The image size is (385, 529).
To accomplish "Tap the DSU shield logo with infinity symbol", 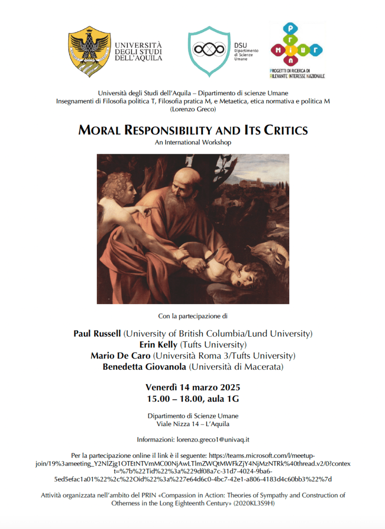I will coord(209,50).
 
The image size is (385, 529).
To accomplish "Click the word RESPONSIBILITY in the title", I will coord(188,130).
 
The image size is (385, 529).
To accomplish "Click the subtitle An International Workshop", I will coord(192,142).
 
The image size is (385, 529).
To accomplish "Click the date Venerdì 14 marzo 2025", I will coord(192,387).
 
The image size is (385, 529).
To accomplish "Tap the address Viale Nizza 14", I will coord(179,424).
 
